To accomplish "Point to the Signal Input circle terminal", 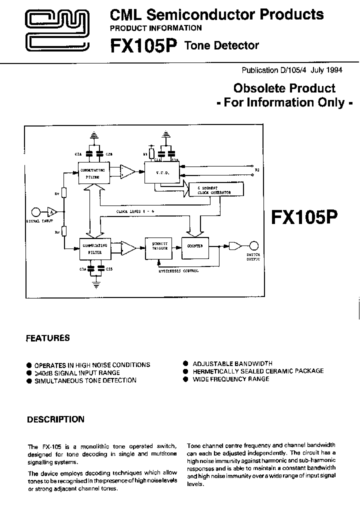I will point(36,211).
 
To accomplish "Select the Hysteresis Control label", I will point(179,271).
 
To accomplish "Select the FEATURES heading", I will point(48,338).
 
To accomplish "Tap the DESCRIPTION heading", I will point(55,419).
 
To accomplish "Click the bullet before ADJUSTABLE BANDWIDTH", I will point(185,363).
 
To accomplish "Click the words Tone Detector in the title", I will point(222,45).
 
